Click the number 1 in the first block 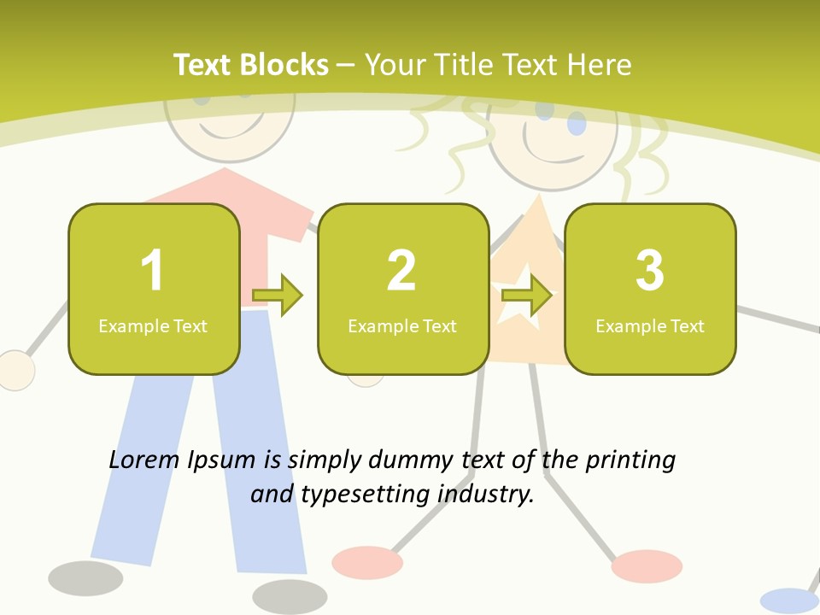(152, 271)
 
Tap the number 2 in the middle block (401, 271)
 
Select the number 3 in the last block (650, 271)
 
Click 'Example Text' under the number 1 (153, 325)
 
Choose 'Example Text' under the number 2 (402, 325)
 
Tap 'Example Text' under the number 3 (650, 325)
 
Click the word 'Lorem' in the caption (145, 460)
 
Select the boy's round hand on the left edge (15, 371)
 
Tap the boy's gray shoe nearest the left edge (85, 578)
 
